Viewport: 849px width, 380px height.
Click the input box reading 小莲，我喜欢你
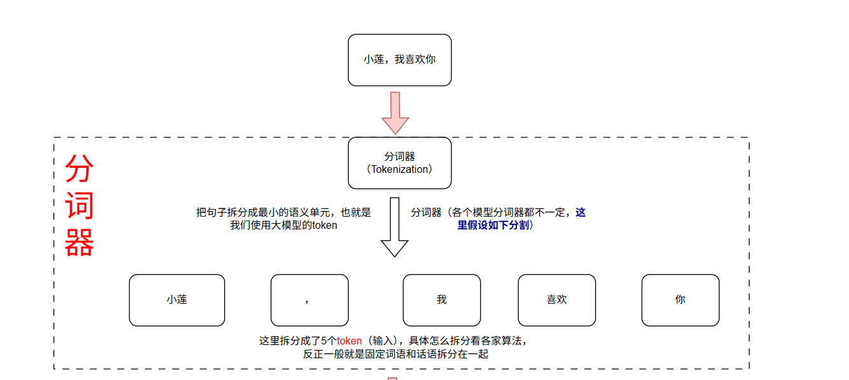[x=399, y=60]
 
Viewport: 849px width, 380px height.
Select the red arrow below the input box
[x=395, y=112]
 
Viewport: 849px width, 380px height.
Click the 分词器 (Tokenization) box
[x=399, y=163]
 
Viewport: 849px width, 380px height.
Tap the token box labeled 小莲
[x=177, y=300]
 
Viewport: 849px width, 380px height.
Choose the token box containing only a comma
[x=309, y=300]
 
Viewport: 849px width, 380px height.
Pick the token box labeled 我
[x=441, y=300]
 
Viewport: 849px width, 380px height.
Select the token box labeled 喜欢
[x=556, y=300]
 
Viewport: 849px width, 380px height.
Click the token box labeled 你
[x=680, y=300]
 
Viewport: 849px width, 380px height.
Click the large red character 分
[x=79, y=169]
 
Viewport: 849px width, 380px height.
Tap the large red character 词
[x=79, y=205]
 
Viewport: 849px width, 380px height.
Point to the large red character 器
[x=79, y=242]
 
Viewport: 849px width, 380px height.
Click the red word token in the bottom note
[x=349, y=341]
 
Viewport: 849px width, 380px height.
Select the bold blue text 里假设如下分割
[x=494, y=225]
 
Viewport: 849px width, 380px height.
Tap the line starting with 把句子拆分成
[x=283, y=213]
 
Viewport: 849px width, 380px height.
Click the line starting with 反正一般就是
[x=396, y=354]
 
